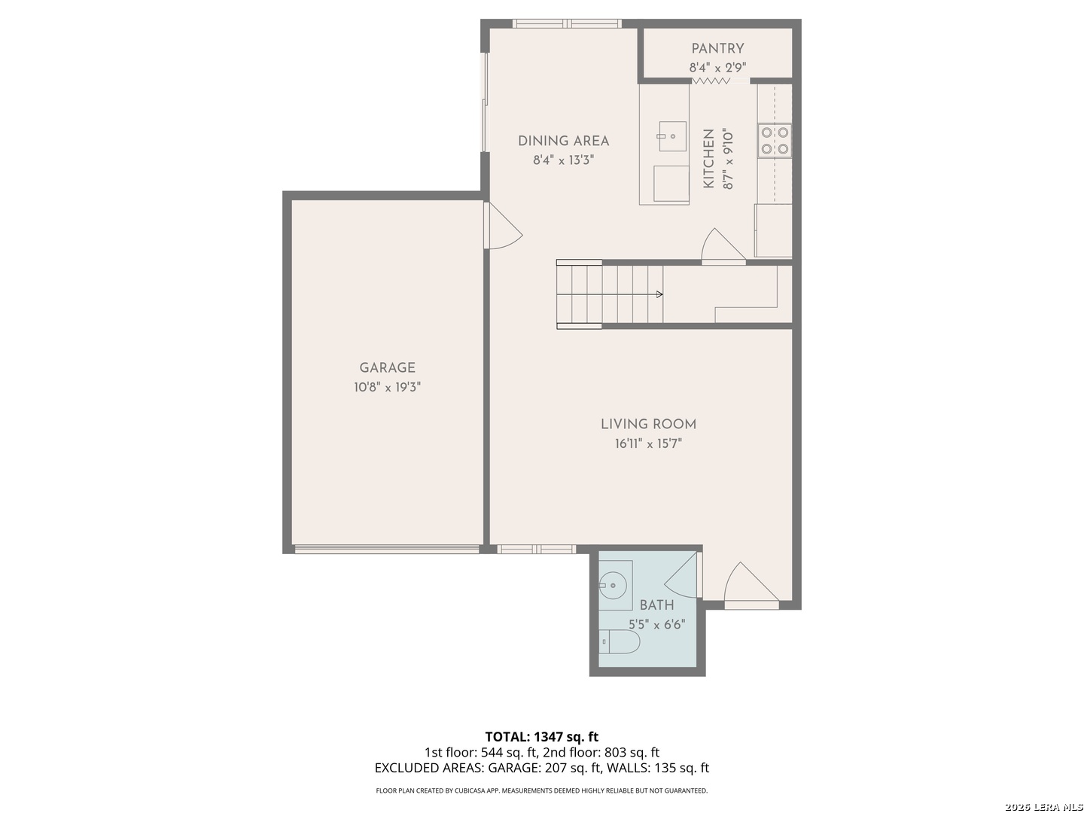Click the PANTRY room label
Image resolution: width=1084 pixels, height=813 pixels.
717,48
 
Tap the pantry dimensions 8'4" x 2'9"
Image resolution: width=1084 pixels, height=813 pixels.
717,67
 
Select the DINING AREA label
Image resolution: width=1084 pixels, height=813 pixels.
563,141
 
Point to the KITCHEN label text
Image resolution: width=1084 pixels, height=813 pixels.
708,158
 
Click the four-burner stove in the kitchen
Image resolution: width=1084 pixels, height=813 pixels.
775,140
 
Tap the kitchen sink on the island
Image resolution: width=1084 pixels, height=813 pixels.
671,135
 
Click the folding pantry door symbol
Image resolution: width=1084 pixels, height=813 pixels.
711,81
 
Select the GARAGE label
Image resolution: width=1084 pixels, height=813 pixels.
387,367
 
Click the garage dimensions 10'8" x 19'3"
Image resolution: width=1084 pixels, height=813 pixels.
387,386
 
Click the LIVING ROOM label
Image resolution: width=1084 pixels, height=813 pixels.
648,424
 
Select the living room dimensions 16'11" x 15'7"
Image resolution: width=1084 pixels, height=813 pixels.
648,443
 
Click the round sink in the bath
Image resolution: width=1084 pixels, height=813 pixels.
612,586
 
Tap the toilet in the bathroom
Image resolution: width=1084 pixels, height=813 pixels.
620,641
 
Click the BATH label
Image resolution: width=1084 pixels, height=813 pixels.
656,604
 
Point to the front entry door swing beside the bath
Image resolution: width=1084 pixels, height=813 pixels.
751,583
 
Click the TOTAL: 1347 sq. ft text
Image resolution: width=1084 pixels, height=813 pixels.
541,736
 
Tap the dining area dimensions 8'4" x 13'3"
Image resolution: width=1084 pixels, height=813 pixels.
563,160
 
